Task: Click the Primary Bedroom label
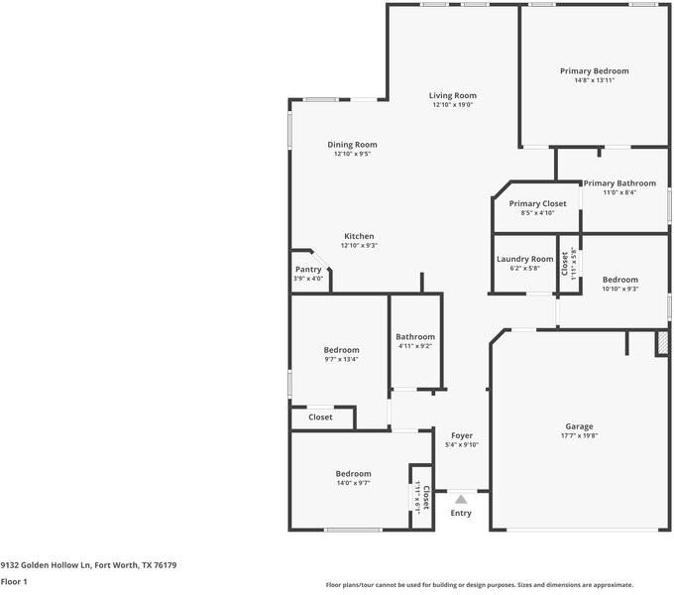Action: tap(594, 71)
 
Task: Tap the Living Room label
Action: tap(452, 95)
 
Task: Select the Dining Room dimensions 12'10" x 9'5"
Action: tap(352, 154)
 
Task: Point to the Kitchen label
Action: tap(358, 236)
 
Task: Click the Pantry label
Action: tap(308, 269)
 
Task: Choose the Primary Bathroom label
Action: tap(618, 182)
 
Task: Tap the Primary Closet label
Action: tap(537, 203)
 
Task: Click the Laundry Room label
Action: tap(524, 259)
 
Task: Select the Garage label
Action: tap(579, 425)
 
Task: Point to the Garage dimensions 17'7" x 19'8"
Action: tap(579, 435)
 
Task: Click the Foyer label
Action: tap(462, 435)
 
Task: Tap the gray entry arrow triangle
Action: tap(461, 500)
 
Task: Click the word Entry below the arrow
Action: tap(461, 513)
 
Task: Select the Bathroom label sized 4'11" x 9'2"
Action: tap(415, 337)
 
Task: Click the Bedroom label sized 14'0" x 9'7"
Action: tap(353, 473)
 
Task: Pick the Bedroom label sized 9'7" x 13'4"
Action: tap(341, 350)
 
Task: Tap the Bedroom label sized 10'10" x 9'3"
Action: tap(619, 280)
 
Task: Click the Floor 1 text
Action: tap(14, 581)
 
